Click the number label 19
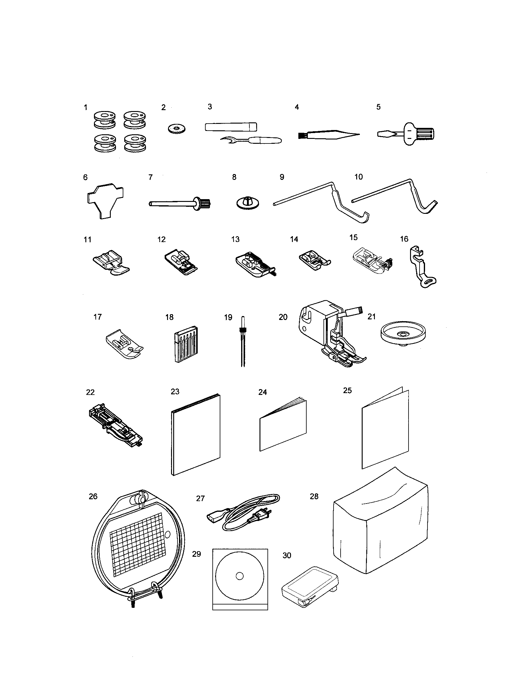[x=228, y=318]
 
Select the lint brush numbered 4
[x=327, y=135]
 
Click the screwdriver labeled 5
[x=407, y=134]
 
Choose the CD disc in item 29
[x=240, y=576]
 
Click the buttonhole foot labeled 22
[x=116, y=427]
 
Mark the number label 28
[x=314, y=496]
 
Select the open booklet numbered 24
[x=283, y=425]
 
